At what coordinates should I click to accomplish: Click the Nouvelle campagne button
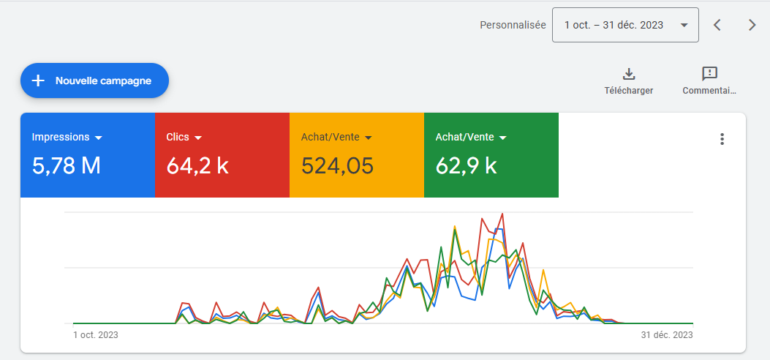[94, 80]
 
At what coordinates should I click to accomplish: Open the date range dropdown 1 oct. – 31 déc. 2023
[625, 25]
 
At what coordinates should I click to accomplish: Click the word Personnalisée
[513, 25]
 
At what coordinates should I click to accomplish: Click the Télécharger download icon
[628, 73]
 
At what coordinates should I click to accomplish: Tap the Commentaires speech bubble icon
[709, 73]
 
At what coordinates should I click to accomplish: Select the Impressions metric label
[61, 137]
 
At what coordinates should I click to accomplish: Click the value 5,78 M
[67, 166]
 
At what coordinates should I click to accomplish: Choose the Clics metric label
[178, 137]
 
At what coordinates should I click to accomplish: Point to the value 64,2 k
[197, 166]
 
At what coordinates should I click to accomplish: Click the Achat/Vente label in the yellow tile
[331, 137]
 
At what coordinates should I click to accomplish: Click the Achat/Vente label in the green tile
[465, 137]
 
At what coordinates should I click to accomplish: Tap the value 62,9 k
[466, 166]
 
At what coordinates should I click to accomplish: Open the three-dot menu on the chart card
[722, 139]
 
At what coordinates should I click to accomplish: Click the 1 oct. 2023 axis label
[96, 335]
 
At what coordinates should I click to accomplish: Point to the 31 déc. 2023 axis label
[667, 335]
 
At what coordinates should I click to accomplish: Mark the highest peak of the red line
[502, 214]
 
